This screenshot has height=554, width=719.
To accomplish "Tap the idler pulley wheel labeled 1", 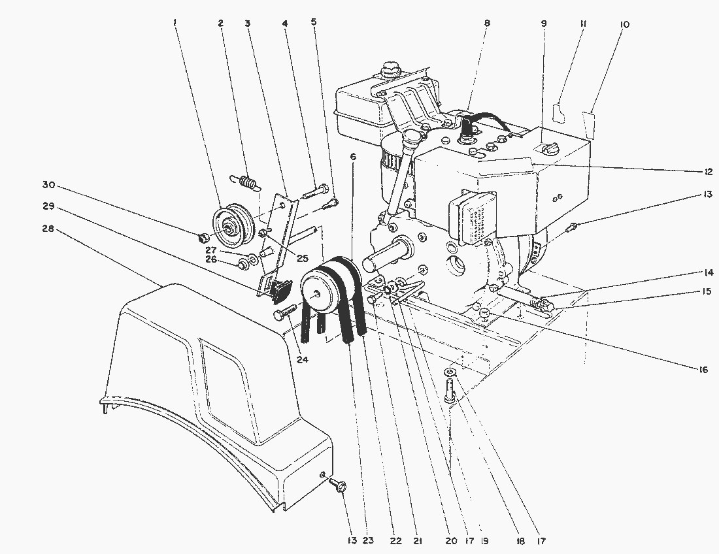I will tap(230, 223).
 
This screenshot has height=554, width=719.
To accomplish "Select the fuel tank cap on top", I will tap(390, 67).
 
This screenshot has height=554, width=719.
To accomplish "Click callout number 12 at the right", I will tap(703, 171).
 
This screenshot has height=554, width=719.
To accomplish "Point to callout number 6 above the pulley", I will tap(353, 157).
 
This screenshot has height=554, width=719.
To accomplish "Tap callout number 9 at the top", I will tap(543, 24).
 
